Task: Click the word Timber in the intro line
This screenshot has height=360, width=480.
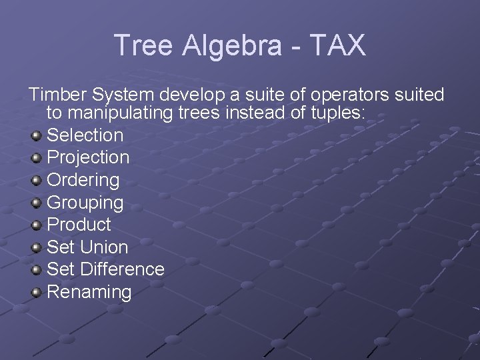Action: (x=57, y=95)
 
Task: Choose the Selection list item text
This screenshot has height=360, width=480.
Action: (x=85, y=135)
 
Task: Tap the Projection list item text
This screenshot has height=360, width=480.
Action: (x=88, y=157)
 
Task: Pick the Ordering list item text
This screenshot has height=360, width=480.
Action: (x=83, y=180)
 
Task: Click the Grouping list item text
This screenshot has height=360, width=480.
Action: (x=85, y=202)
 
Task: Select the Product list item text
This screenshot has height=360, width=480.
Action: (x=79, y=225)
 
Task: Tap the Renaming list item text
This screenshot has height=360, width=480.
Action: (x=89, y=291)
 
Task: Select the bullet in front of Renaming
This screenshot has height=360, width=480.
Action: (x=37, y=293)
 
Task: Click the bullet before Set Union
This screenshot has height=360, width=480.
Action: (x=37, y=248)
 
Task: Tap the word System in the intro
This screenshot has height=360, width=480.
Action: (x=127, y=95)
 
